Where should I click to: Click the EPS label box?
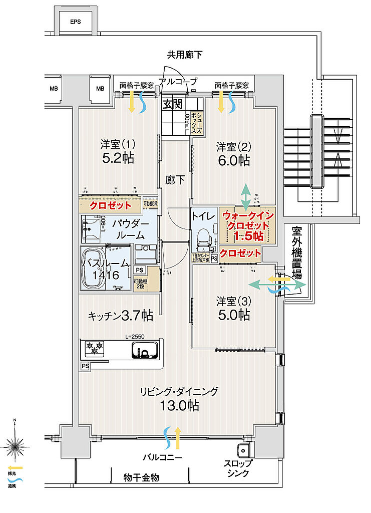coord(75,22)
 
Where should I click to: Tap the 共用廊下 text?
coord(185,55)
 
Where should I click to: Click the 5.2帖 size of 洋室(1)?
coord(118,159)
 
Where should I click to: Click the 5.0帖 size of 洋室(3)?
coord(233,315)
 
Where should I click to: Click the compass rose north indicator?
coord(15,444)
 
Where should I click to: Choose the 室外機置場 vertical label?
coord(297,253)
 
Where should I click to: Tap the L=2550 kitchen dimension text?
coord(135,337)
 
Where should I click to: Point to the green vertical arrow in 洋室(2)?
coord(246,196)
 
